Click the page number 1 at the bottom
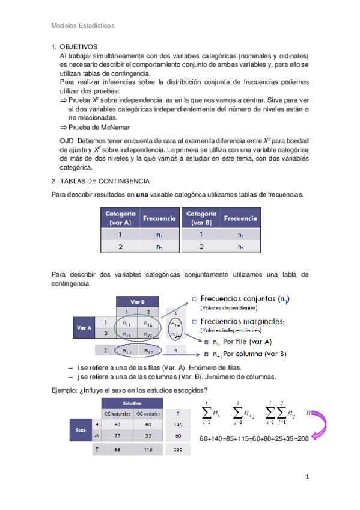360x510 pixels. pyautogui.click(x=307, y=477)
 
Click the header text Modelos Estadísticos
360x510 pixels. pyautogui.click(x=83, y=26)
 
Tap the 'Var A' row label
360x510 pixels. pyautogui.click(x=84, y=328)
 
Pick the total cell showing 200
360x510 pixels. pyautogui.click(x=178, y=449)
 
